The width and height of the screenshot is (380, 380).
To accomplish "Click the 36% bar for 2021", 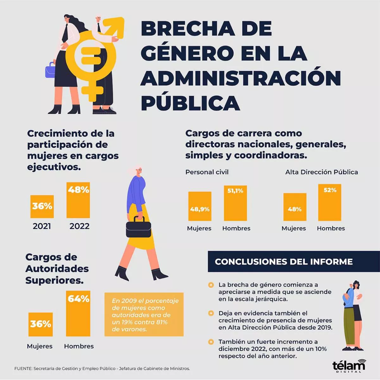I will [42, 206].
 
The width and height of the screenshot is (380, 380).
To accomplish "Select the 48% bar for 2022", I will [78, 200].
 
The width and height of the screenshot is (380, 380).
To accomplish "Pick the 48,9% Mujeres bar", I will [200, 206].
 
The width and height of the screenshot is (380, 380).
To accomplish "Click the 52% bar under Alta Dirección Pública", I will [330, 202].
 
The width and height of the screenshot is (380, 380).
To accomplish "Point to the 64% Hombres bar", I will [78, 313].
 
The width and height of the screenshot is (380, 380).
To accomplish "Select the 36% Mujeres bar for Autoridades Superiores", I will [41, 324].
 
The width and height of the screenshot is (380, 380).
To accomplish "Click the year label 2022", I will [79, 226].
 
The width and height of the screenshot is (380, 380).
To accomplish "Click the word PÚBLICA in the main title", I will [190, 103].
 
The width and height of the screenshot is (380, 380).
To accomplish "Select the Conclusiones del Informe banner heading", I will [284, 262].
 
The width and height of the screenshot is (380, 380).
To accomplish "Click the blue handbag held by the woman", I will [50, 70].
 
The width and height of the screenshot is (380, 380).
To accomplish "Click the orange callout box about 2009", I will [144, 314].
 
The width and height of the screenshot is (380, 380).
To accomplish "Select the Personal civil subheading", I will [207, 172].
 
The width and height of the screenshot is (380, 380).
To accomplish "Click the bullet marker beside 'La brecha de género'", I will [211, 285].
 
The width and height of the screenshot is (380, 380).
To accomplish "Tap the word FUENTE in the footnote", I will [23, 369].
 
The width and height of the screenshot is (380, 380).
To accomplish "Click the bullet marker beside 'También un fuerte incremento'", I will [211, 342].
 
